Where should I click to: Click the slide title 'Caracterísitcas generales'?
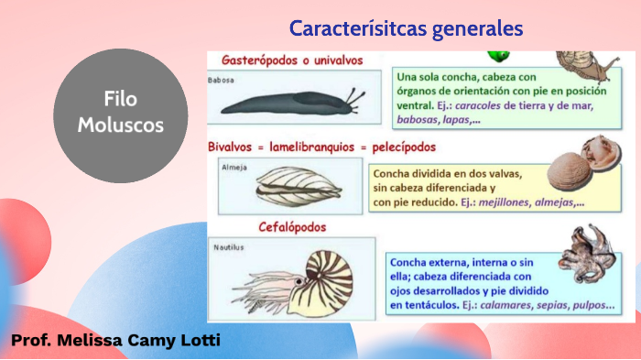[x=406, y=28]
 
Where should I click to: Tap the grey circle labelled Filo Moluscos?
[x=120, y=115]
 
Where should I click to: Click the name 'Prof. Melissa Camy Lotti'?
[x=115, y=342]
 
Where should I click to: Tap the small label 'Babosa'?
[x=222, y=81]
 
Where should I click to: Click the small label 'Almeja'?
[x=234, y=168]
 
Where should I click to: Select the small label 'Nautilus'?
[x=229, y=247]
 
